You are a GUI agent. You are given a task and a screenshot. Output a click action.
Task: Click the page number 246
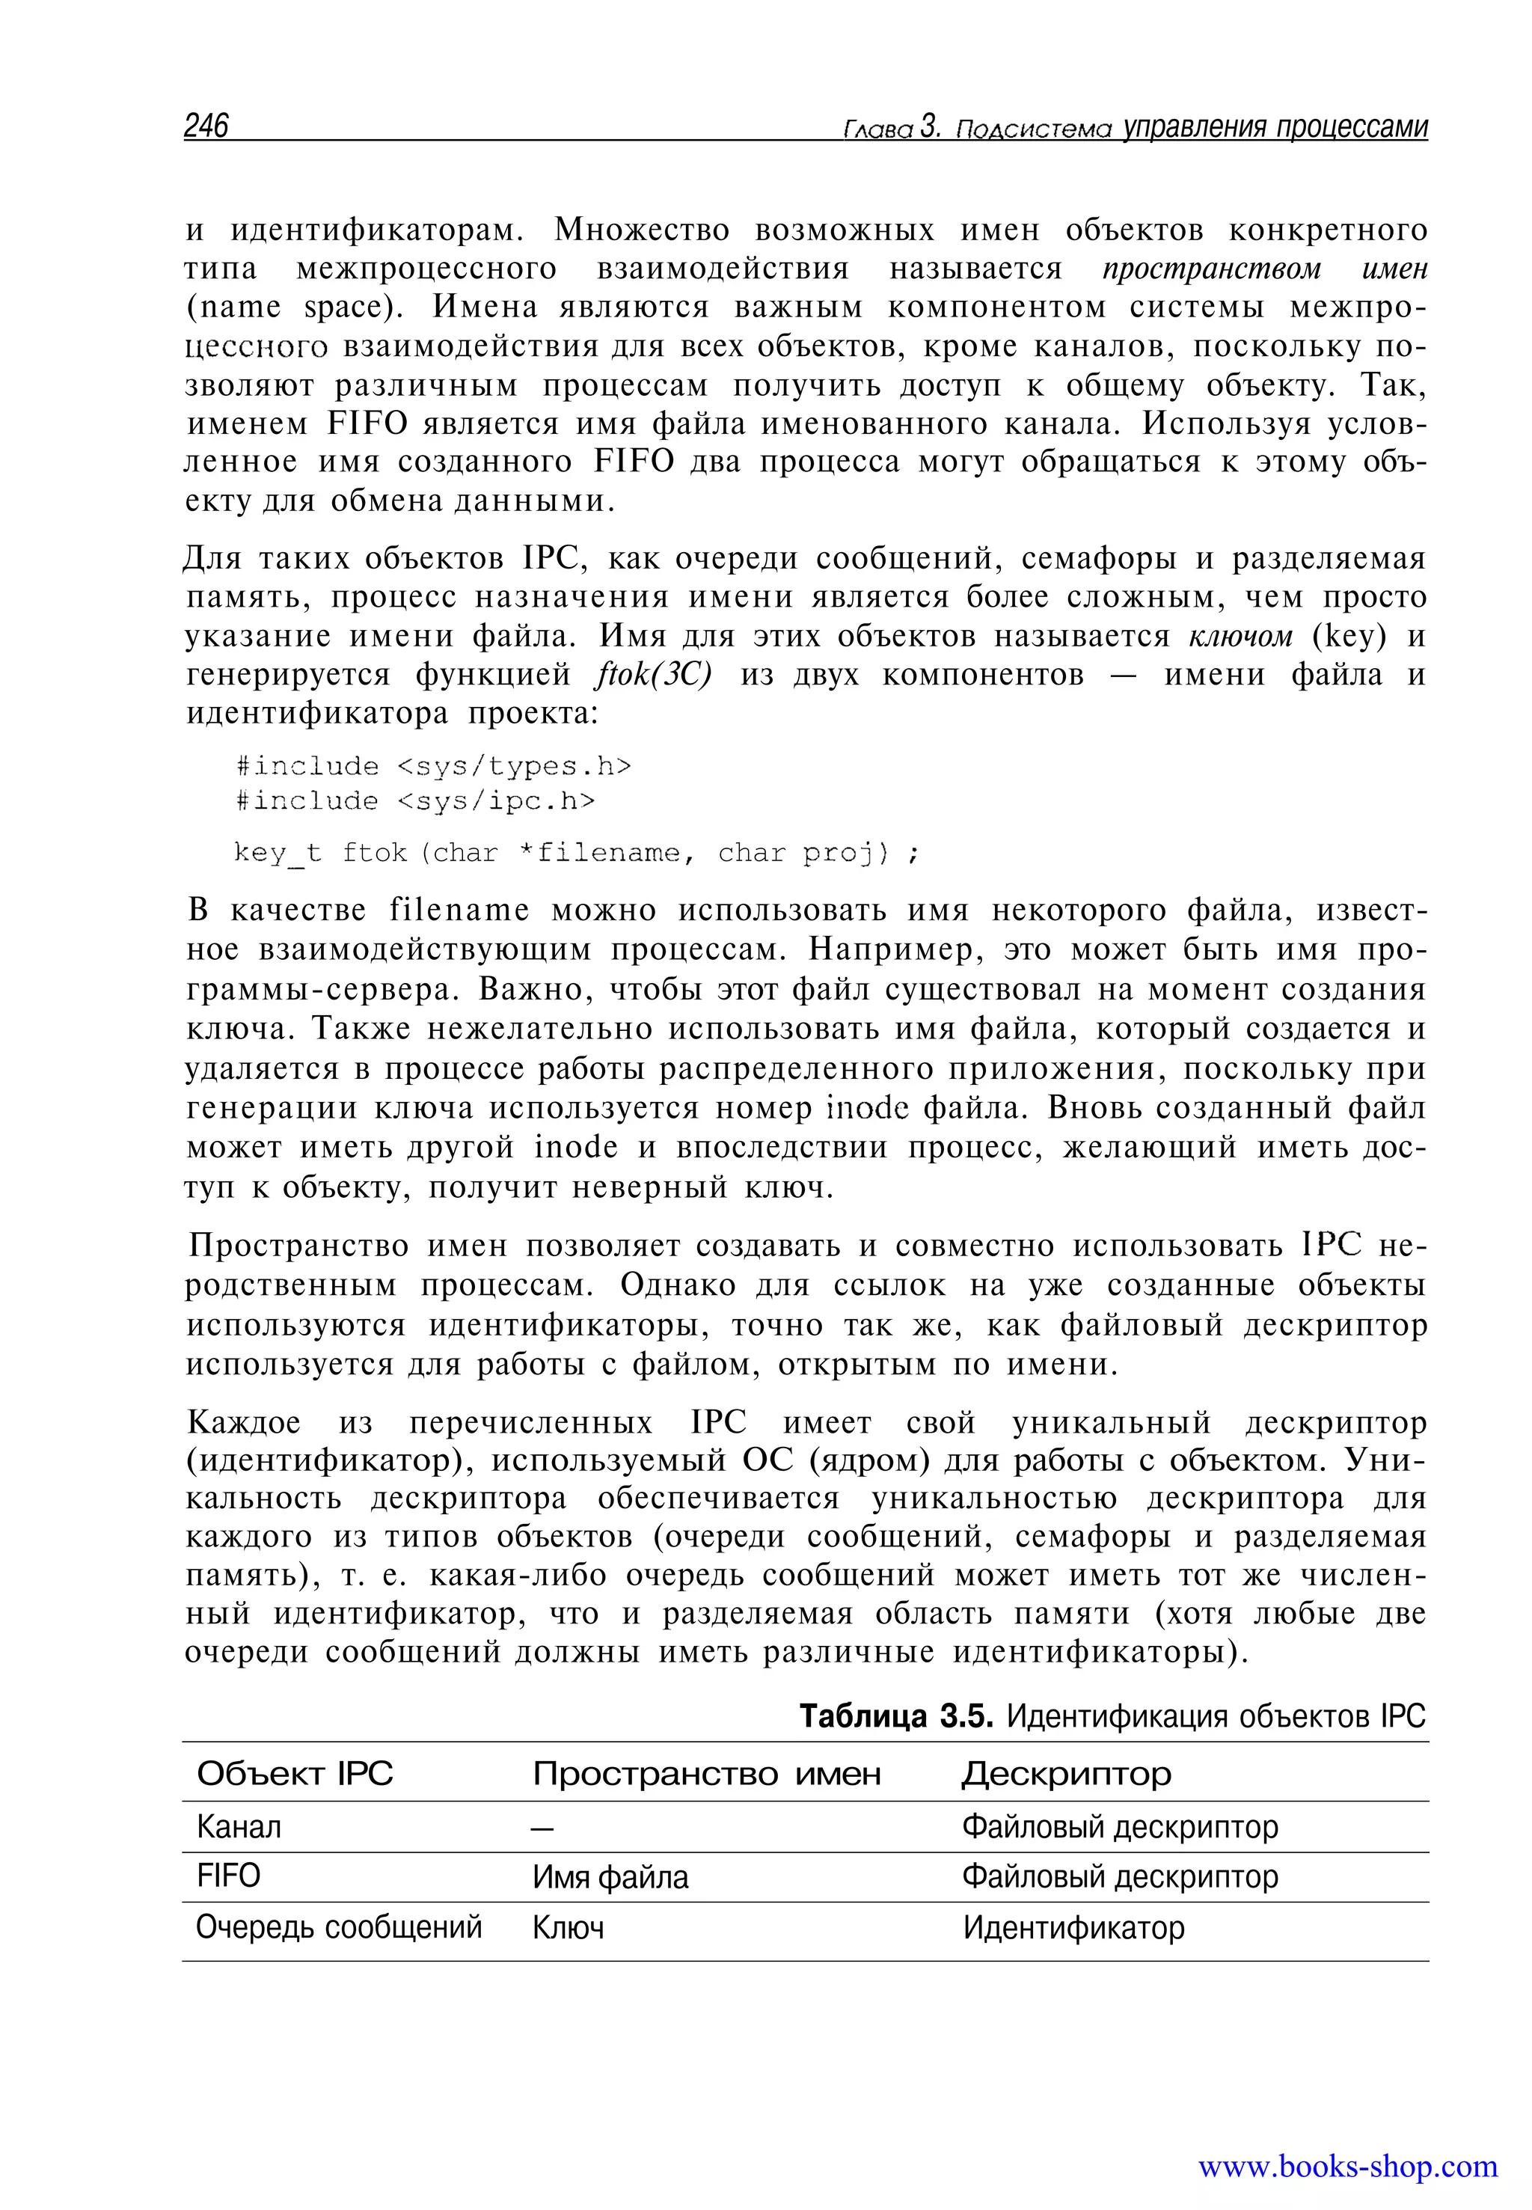click(206, 126)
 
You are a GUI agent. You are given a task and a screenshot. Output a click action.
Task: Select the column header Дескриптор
click(1065, 1772)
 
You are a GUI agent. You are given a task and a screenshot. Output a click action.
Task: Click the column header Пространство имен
click(706, 1772)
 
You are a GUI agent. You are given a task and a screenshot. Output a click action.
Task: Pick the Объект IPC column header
click(295, 1772)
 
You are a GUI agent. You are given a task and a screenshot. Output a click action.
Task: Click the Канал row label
click(239, 1826)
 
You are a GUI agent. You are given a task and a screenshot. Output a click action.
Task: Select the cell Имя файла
click(610, 1877)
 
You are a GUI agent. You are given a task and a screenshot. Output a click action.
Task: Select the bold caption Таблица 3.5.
click(895, 1715)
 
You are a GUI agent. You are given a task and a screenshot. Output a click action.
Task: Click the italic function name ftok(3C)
click(655, 675)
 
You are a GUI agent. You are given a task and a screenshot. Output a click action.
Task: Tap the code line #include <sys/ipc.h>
click(414, 801)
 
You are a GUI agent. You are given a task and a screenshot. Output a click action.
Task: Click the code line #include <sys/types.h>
click(433, 766)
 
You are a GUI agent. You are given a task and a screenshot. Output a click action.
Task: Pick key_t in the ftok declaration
click(278, 854)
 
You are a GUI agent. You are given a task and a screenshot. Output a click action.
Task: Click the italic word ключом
click(1241, 637)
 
